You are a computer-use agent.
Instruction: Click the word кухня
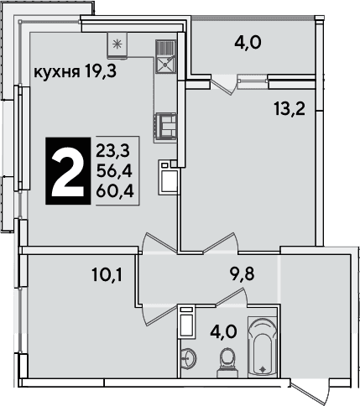click(55, 73)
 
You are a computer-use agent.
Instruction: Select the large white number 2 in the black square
click(68, 171)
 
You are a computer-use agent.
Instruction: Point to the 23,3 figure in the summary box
click(113, 151)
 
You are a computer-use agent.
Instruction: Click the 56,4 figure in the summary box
click(114, 171)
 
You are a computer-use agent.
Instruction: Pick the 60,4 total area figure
click(115, 191)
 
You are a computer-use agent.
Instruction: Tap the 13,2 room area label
click(290, 110)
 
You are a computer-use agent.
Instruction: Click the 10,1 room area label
click(107, 274)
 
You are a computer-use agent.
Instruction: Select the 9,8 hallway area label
click(243, 274)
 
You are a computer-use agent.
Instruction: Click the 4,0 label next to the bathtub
click(224, 333)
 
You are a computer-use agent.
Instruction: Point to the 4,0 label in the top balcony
click(248, 44)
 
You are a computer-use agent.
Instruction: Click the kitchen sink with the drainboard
click(165, 56)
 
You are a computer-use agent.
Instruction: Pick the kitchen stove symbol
click(165, 127)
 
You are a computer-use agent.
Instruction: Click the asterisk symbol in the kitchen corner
click(117, 44)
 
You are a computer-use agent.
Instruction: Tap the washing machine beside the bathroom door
click(186, 321)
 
